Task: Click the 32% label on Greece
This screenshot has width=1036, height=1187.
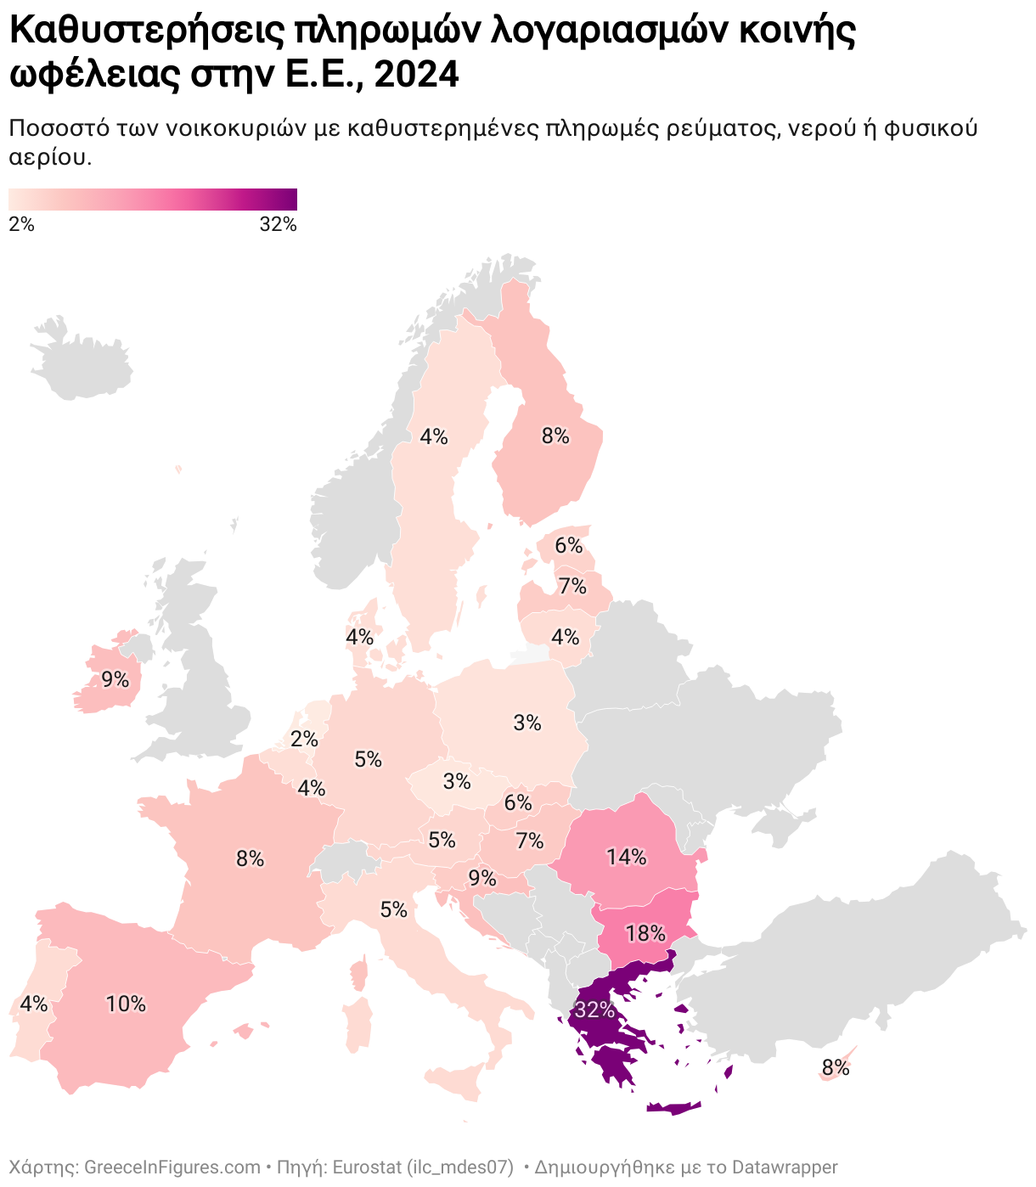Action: (594, 1010)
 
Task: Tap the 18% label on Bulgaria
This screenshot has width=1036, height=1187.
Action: (645, 934)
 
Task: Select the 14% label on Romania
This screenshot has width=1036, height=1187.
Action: (626, 858)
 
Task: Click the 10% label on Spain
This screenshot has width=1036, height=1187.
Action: (126, 1004)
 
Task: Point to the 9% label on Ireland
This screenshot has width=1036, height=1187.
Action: (115, 680)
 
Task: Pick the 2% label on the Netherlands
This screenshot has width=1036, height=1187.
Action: (303, 740)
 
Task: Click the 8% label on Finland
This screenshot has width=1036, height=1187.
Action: (555, 436)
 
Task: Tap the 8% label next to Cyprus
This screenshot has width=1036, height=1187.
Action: (836, 1068)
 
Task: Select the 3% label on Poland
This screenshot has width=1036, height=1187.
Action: (527, 723)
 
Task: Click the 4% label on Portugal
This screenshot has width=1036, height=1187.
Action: (34, 1004)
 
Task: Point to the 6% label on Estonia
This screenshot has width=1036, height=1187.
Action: (569, 545)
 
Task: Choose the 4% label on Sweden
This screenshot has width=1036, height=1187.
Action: (434, 436)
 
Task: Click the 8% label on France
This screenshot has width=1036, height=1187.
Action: (251, 859)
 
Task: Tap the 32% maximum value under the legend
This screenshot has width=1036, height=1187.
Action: (278, 225)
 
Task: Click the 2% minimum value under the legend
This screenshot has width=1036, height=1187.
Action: (22, 225)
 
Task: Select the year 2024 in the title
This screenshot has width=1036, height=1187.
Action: (416, 75)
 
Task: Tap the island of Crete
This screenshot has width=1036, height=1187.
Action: (674, 1107)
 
